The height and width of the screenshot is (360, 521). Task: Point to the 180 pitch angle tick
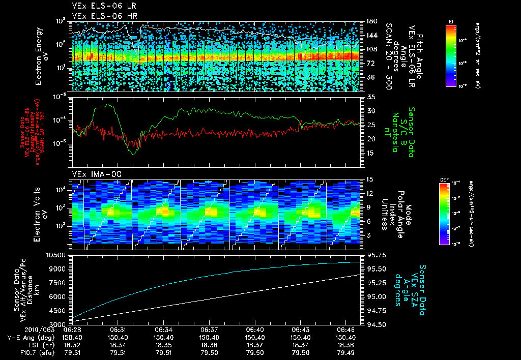[370, 21]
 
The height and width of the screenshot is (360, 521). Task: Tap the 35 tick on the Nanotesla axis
[370, 97]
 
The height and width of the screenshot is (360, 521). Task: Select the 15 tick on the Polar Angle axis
[369, 179]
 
